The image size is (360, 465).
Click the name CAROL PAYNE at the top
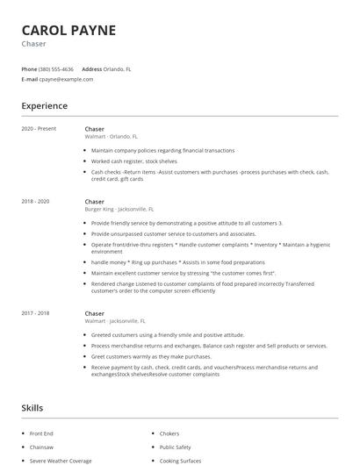pos(68,30)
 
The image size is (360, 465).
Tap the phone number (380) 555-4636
pos(57,68)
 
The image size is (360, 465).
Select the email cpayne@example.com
pos(66,79)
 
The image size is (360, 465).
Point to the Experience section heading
pos(44,106)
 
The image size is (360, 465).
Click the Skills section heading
pos(32,409)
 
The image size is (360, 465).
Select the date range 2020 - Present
pos(40,129)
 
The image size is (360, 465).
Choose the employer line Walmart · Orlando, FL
pos(112,137)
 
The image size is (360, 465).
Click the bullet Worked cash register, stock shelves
pos(134,161)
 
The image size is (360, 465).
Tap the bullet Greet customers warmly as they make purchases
pos(151,356)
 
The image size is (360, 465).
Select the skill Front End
pos(42,434)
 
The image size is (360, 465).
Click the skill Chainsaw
pos(42,447)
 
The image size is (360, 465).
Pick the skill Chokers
pos(170,434)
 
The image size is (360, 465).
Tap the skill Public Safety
pos(176,447)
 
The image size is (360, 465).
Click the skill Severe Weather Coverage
pos(61,461)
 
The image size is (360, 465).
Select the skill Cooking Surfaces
pos(180,461)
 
